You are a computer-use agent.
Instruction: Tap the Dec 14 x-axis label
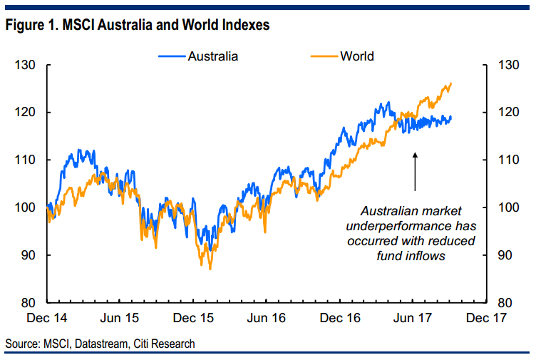(x=48, y=317)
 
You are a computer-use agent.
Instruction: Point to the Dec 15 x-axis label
(x=195, y=317)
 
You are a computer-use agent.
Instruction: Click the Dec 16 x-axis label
(x=341, y=317)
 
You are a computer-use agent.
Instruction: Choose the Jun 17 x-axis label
(x=413, y=317)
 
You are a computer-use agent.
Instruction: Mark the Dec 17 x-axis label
(x=487, y=317)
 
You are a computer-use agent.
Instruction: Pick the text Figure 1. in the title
(x=29, y=26)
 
